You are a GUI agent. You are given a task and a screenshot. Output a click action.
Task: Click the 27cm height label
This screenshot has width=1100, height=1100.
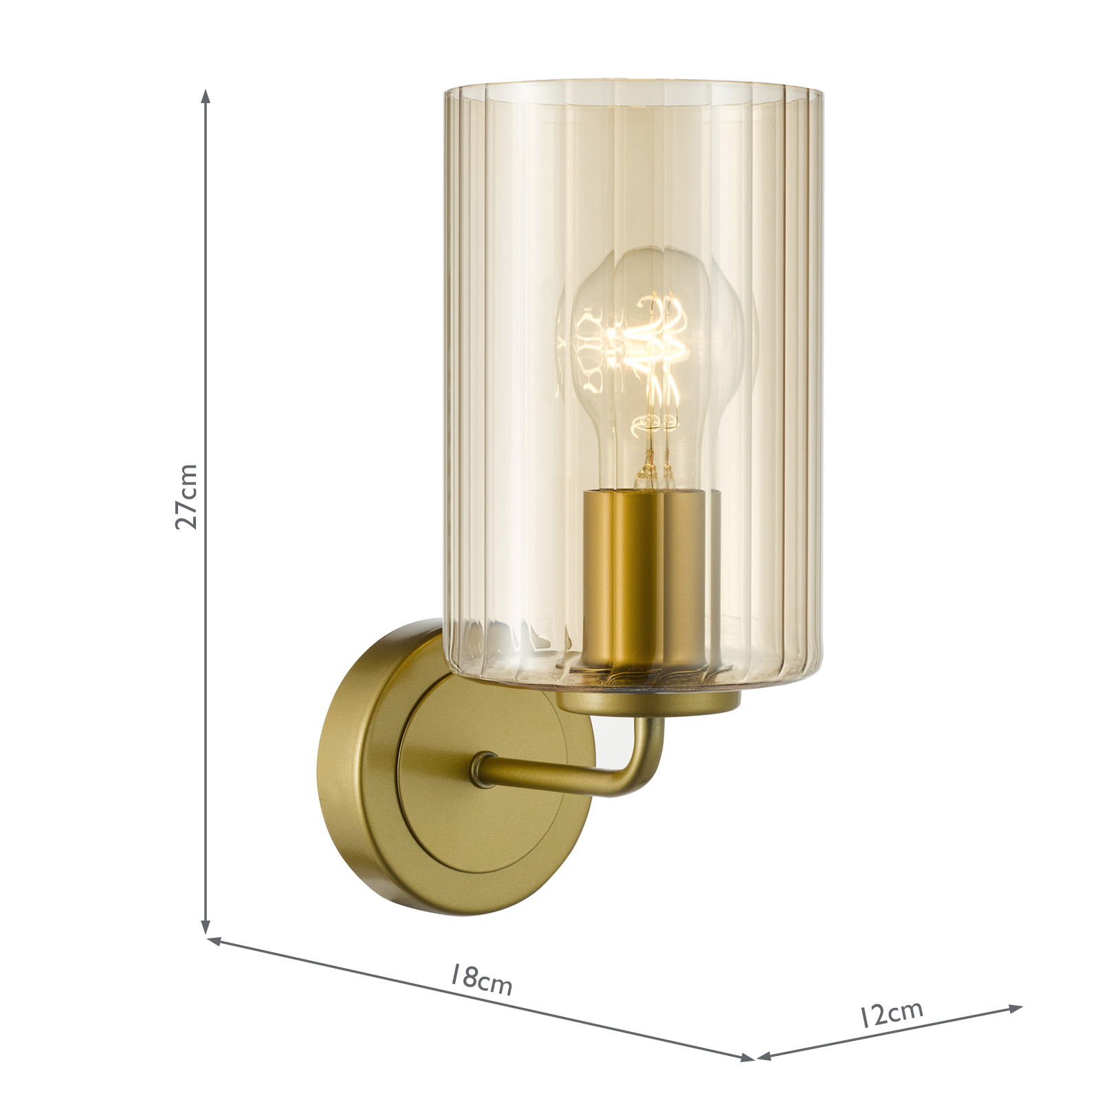pyautogui.click(x=186, y=496)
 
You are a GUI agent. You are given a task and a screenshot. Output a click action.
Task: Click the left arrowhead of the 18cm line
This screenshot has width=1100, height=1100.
pyautogui.click(x=213, y=940)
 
